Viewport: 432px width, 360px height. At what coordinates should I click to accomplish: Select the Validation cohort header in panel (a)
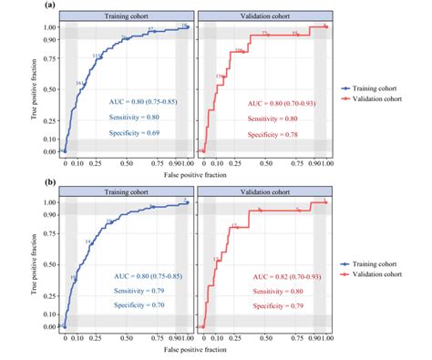click(x=263, y=16)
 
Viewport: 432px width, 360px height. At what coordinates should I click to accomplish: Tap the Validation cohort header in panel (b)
click(x=263, y=192)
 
